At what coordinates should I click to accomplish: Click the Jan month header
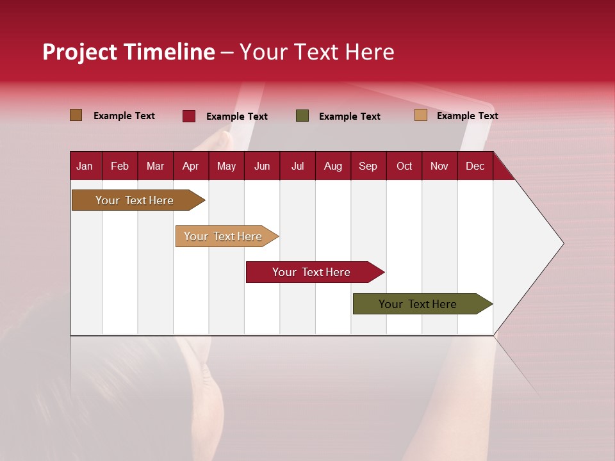tap(85, 166)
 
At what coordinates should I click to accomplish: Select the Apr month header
tap(190, 166)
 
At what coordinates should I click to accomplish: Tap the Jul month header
tap(297, 166)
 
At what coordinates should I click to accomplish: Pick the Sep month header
tap(368, 166)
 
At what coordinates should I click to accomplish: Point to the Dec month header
tap(475, 166)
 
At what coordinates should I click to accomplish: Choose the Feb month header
tap(120, 166)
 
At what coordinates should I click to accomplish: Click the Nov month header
tap(439, 166)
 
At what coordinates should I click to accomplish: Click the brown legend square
tap(76, 115)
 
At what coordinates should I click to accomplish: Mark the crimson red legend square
tap(188, 116)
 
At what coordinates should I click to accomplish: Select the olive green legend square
tap(302, 116)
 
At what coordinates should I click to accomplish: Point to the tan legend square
tap(420, 115)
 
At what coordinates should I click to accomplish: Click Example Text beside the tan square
tap(467, 116)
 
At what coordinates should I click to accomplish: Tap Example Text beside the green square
tap(349, 117)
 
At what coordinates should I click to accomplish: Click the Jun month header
tap(262, 166)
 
